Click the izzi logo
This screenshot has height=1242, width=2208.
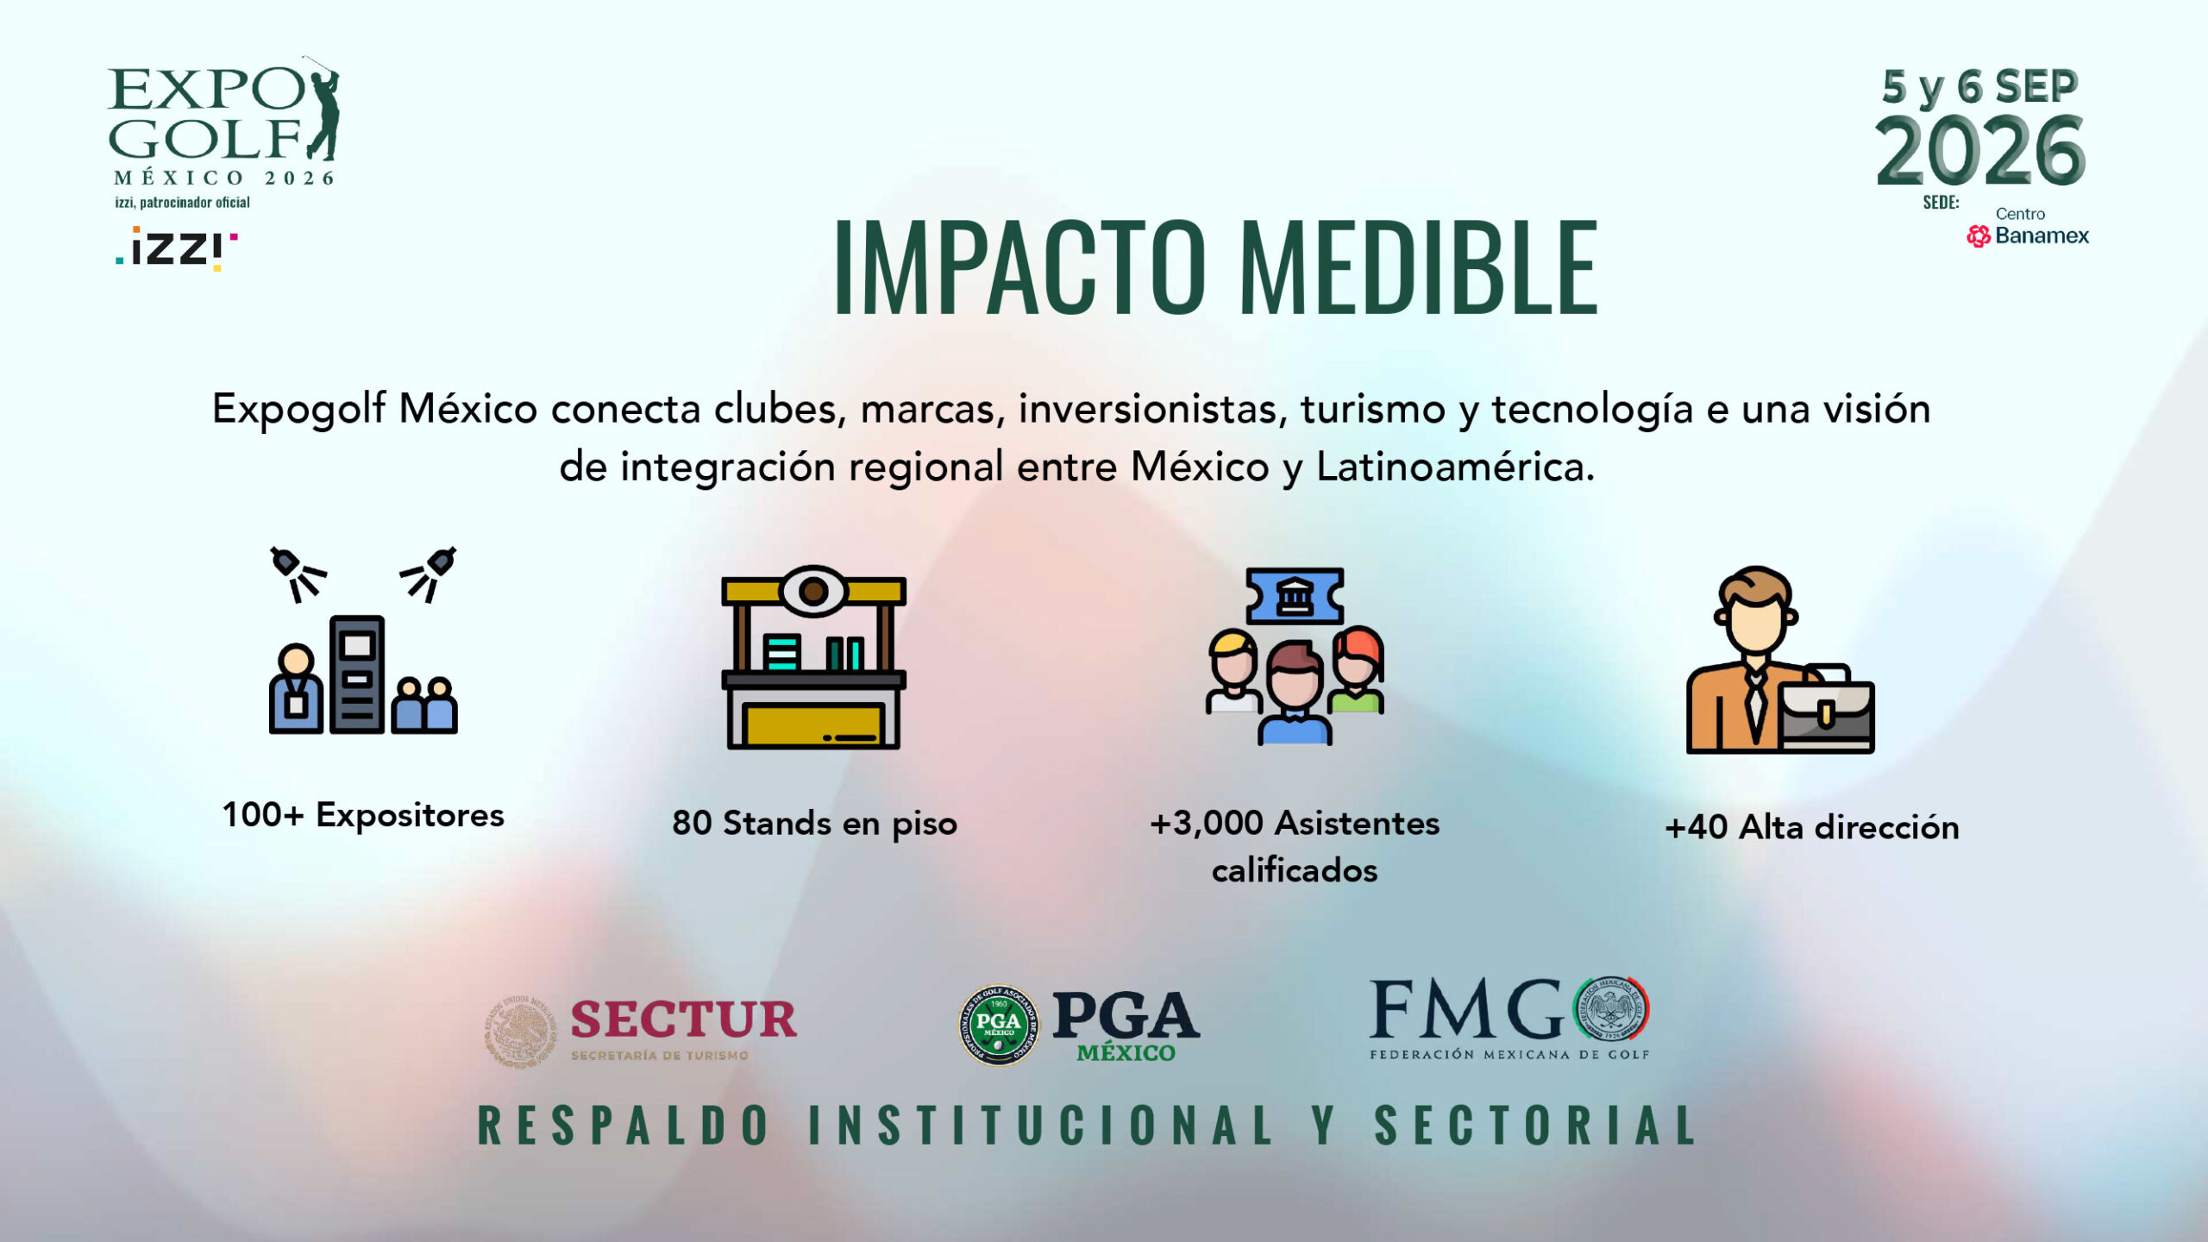click(x=177, y=248)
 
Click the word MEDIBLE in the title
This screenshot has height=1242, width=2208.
click(x=1418, y=267)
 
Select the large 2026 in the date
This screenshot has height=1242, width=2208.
click(x=1980, y=152)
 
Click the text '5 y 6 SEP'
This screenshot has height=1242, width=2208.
click(x=1980, y=87)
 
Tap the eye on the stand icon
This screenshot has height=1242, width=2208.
click(x=812, y=591)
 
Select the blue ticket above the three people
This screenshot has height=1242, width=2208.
click(x=1295, y=595)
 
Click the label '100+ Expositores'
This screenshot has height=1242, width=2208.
click(x=363, y=815)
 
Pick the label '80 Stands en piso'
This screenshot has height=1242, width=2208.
click(x=814, y=824)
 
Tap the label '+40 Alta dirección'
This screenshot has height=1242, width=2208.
click(x=1812, y=827)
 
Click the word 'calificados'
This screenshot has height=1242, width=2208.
click(x=1295, y=870)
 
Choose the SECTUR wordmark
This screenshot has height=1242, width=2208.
click(x=684, y=1019)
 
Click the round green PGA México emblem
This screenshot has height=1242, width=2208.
click(x=999, y=1026)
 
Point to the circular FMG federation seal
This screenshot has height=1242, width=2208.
click(x=1611, y=1008)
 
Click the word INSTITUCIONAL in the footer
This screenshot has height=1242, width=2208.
click(x=1041, y=1126)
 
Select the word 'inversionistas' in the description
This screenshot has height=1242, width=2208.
click(x=1152, y=409)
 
